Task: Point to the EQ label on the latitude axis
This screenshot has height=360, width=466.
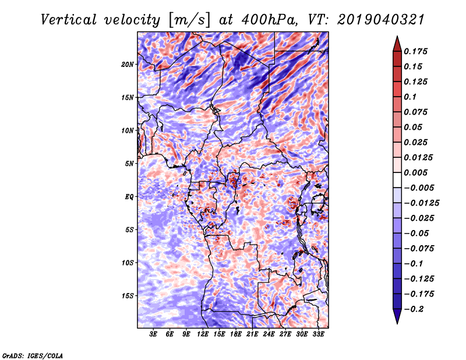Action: click(x=130, y=197)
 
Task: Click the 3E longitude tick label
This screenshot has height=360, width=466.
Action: click(x=154, y=335)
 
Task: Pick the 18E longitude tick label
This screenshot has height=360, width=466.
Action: click(x=236, y=335)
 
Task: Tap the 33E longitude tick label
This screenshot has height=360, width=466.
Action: click(x=318, y=335)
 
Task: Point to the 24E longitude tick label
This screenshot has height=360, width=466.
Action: click(x=269, y=335)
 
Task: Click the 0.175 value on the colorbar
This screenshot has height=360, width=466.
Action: click(x=418, y=51)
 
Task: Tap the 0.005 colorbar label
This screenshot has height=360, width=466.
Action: click(x=418, y=172)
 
